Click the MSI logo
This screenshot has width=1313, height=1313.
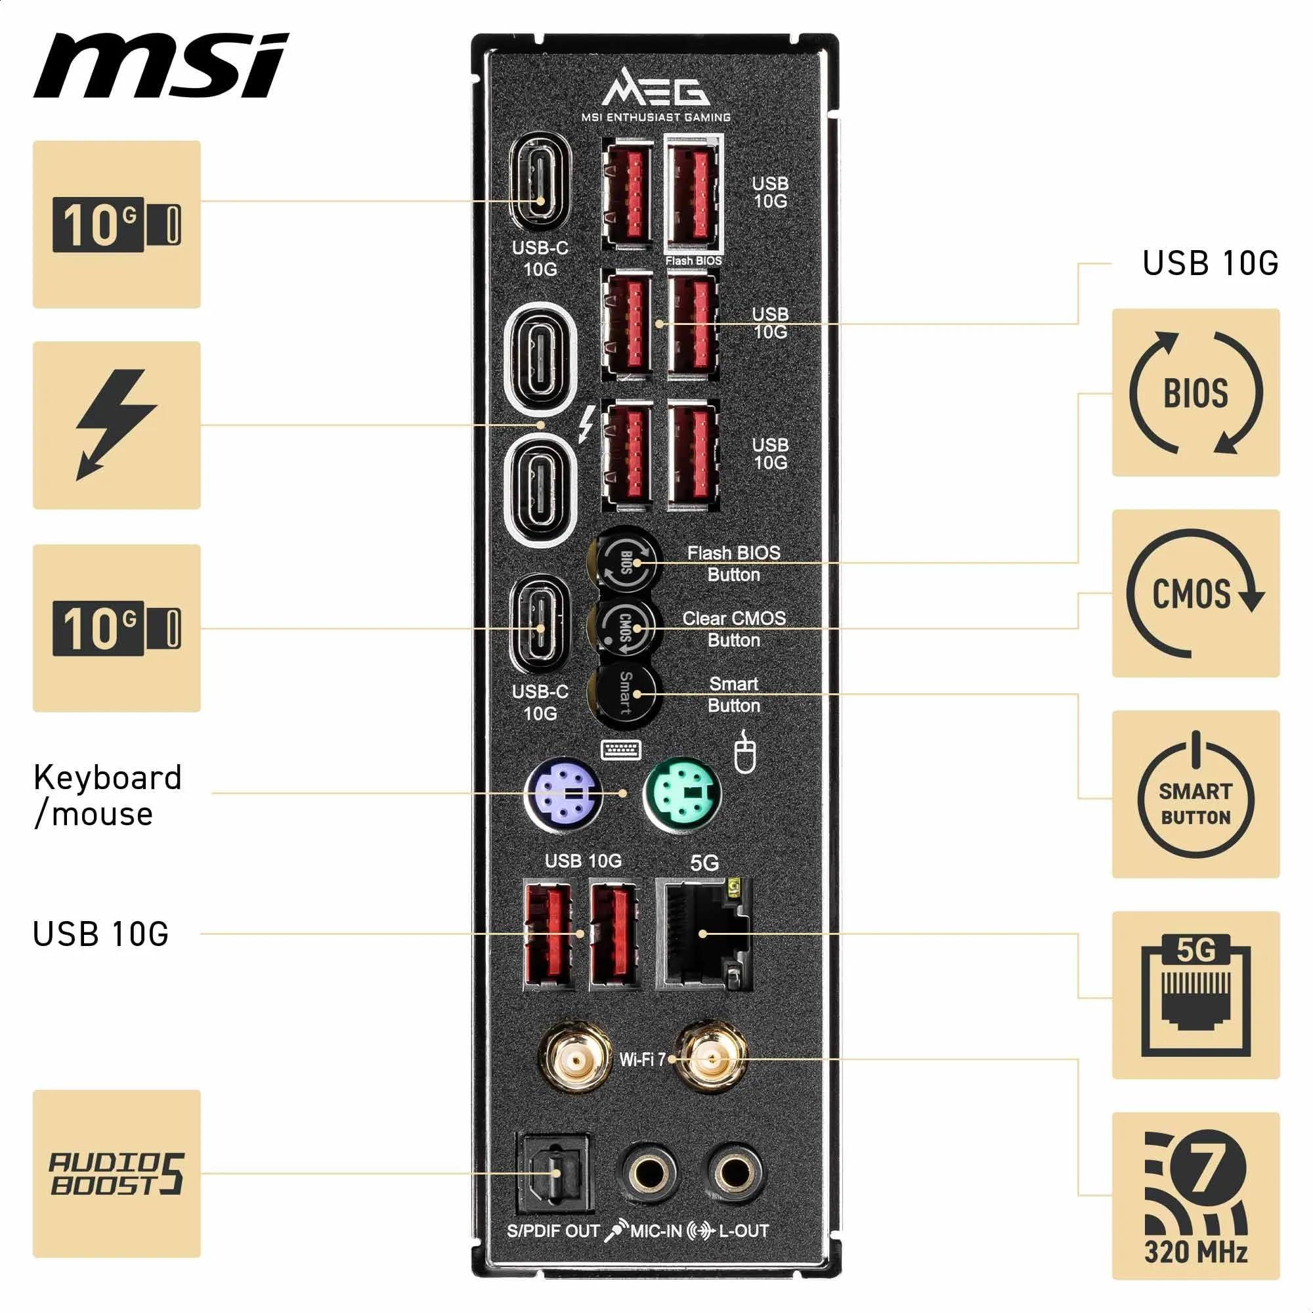pyautogui.click(x=161, y=65)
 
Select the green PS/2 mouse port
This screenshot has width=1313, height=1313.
pyautogui.click(x=681, y=794)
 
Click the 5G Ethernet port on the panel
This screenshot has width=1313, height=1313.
pyautogui.click(x=703, y=934)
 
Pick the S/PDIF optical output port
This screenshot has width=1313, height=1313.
pyautogui.click(x=555, y=1174)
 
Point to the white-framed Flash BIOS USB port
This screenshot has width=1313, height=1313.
pyautogui.click(x=694, y=192)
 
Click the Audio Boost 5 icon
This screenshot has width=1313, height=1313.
pyautogui.click(x=116, y=1174)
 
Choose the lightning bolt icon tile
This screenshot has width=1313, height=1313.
pyautogui.click(x=116, y=425)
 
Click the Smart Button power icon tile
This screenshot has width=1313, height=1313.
pyautogui.click(x=1195, y=794)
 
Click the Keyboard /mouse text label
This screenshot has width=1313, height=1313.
pyautogui.click(x=108, y=795)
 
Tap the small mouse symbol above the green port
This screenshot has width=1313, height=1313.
pyautogui.click(x=746, y=752)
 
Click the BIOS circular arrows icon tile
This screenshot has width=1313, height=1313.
pyautogui.click(x=1195, y=393)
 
